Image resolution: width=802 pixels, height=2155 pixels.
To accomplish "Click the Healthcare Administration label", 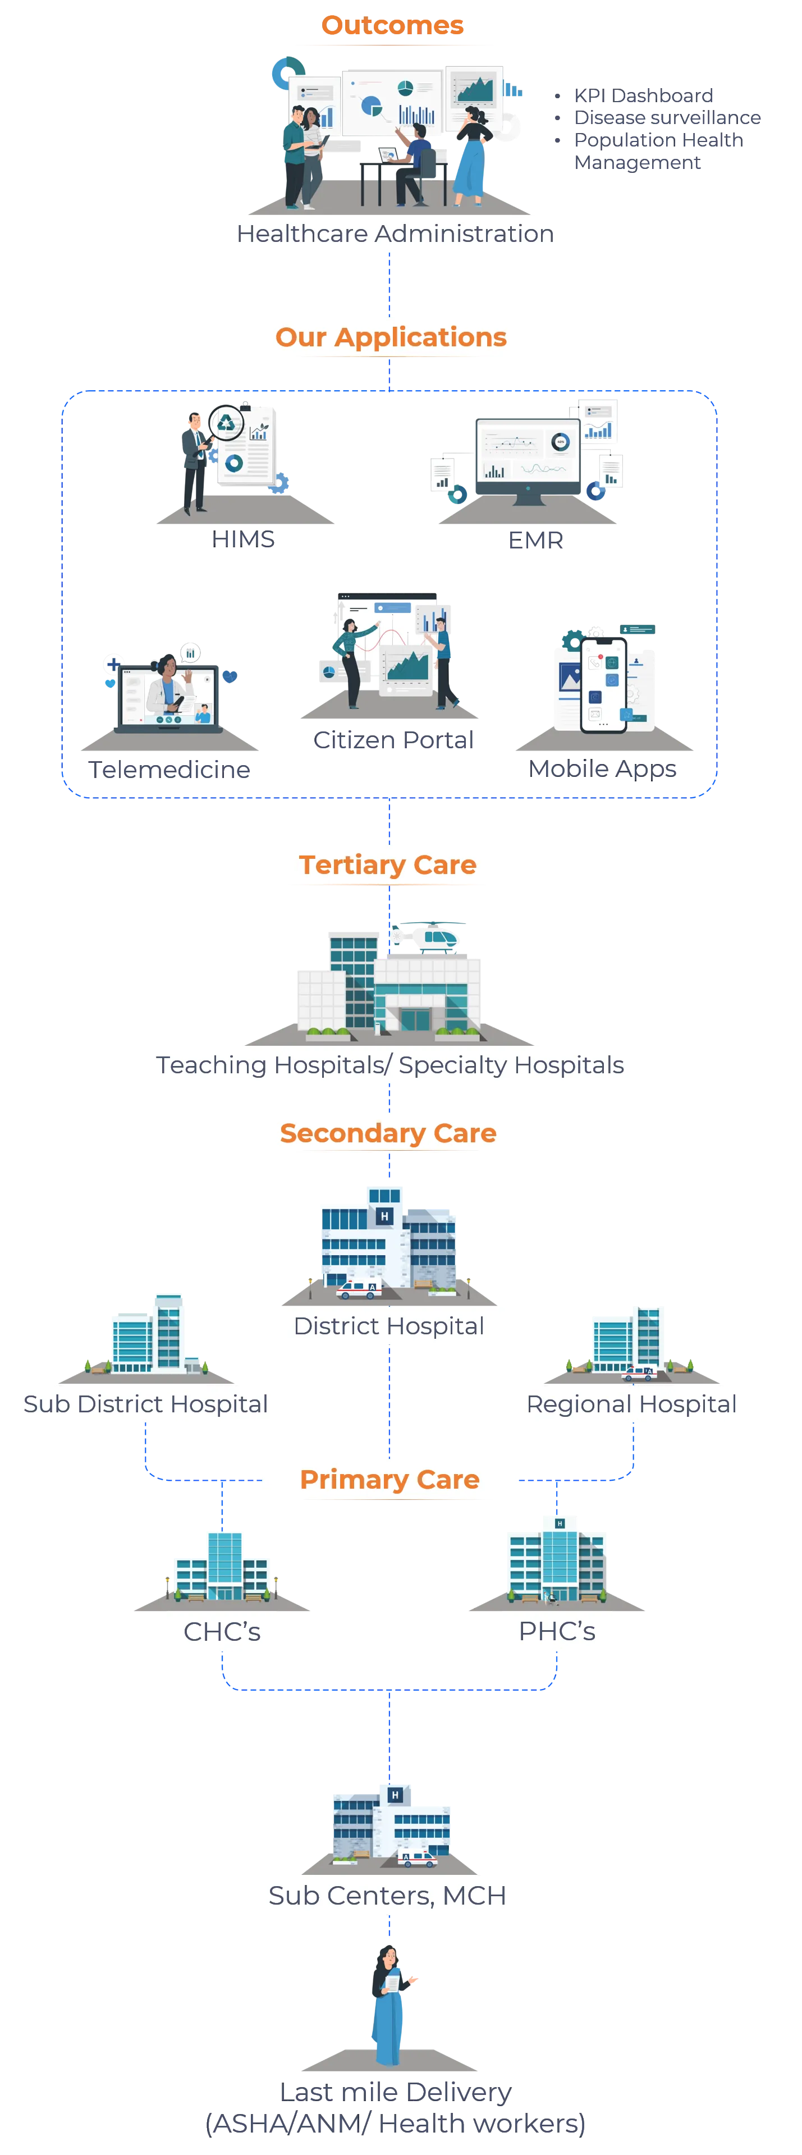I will pos(395,234).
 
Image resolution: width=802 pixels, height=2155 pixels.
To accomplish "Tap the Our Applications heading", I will pos(391,337).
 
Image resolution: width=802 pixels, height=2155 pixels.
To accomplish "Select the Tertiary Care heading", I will pos(388,865).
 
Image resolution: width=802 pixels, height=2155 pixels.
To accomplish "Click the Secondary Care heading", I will pos(388,1133).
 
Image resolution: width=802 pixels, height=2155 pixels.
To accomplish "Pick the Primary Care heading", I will pos(389,1479).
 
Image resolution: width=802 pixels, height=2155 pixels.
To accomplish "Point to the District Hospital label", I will pos(388,1326).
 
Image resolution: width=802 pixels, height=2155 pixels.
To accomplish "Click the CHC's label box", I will pos(222,1631).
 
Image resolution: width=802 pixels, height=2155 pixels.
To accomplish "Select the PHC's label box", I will pos(557,1631).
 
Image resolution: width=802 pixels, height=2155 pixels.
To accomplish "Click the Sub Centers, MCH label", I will pos(387,1895).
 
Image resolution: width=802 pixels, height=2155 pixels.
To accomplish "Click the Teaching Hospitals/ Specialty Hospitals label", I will pos(389,1064).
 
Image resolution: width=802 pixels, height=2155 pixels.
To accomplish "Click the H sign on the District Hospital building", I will pos(384,1215).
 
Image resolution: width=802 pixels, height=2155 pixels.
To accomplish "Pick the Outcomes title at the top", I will pos(393,25).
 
